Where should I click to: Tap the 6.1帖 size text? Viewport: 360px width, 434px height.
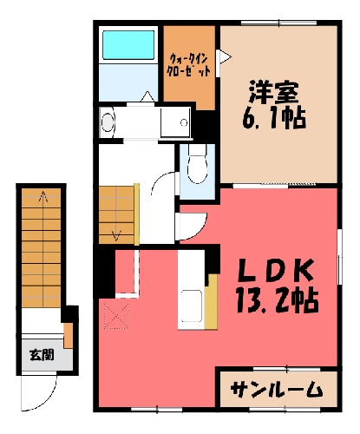click(274, 118)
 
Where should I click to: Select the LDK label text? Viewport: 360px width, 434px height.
click(276, 270)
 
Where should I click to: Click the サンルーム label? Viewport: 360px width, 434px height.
click(277, 389)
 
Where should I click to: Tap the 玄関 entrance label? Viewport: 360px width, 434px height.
click(43, 355)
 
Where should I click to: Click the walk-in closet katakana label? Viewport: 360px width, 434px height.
click(188, 65)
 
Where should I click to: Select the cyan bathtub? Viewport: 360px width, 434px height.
click(128, 45)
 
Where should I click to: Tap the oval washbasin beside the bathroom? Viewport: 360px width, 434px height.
click(108, 122)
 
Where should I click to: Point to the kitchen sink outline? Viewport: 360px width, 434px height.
click(192, 306)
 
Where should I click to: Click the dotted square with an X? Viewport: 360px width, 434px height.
click(116, 317)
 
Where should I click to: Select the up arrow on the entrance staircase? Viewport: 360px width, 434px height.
click(43, 196)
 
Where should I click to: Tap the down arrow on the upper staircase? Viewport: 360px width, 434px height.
click(116, 235)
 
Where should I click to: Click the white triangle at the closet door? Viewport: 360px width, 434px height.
click(226, 57)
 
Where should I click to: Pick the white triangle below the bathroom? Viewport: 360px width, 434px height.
click(147, 96)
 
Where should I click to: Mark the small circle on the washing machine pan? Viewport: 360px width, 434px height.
click(184, 122)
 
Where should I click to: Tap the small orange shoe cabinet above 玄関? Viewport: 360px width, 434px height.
click(69, 336)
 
